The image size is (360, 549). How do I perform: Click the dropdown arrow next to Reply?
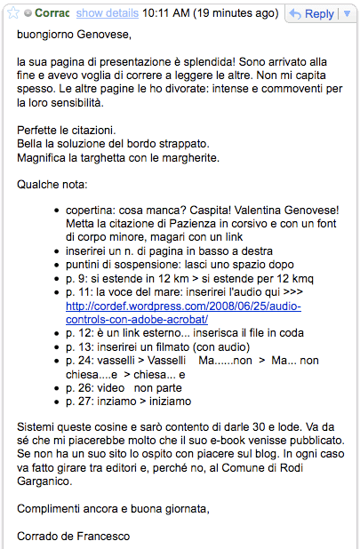348,13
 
